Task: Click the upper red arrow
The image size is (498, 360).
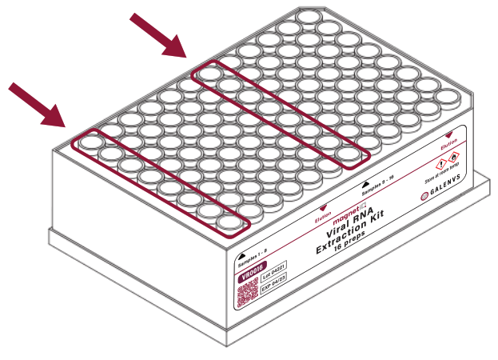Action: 158,35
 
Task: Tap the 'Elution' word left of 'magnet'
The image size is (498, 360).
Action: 323,216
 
